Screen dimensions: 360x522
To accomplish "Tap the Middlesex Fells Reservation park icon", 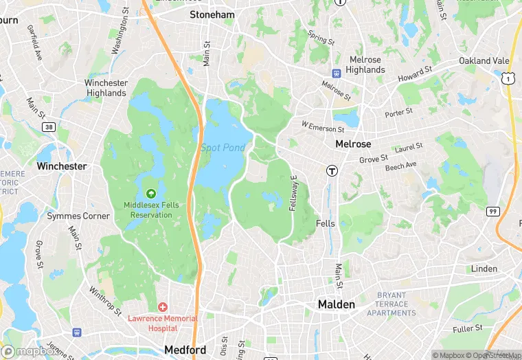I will coord(150,194).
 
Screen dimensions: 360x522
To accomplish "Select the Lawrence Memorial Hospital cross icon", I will coord(163,306).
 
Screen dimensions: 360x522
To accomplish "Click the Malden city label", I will coord(336,304).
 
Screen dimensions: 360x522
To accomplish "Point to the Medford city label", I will coord(185,350).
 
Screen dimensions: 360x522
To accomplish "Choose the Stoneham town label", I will coord(212,14).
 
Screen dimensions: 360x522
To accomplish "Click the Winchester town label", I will coord(62,166).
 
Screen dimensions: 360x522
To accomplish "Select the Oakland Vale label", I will coord(484,60).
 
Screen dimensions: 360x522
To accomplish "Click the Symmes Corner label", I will coord(78,216).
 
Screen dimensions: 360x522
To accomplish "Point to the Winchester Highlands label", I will coord(106,87).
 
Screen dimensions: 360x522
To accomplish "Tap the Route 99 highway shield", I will coord(492,211).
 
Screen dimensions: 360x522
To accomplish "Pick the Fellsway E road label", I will coord(293,192).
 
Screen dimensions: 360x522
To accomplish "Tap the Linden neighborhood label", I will coord(484,269).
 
